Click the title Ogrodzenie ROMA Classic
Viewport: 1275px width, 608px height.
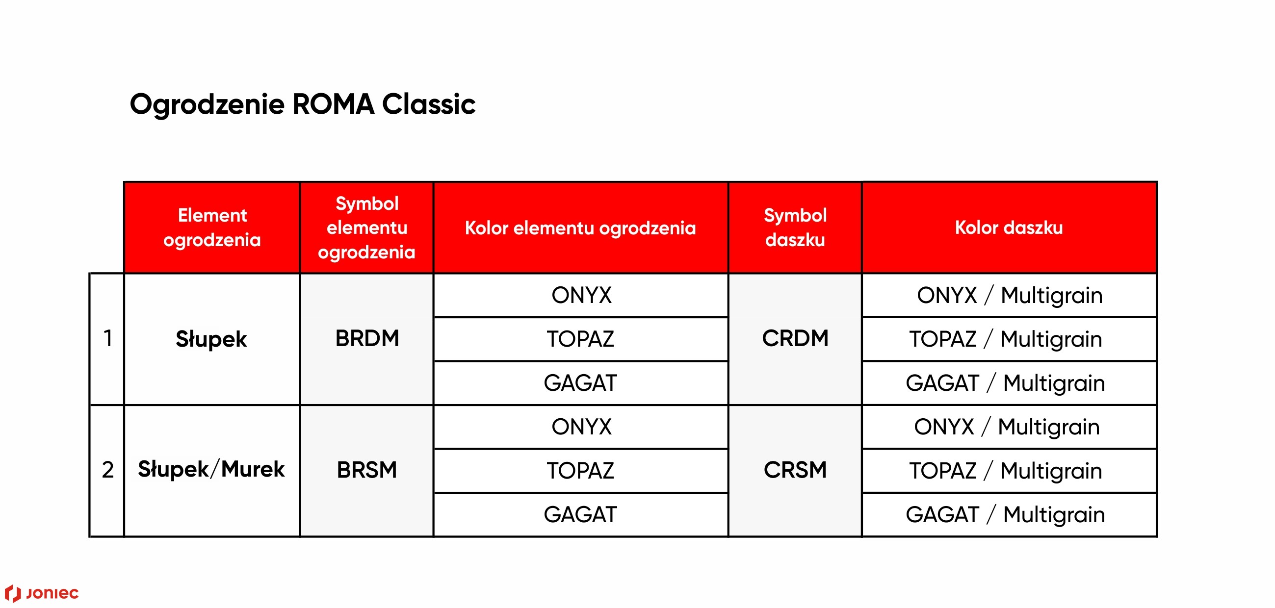point(302,105)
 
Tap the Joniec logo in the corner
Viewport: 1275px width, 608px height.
point(42,593)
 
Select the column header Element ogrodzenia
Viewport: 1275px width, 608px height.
point(212,228)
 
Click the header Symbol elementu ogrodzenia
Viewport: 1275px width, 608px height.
point(367,228)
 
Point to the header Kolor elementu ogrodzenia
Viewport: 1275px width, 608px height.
point(580,228)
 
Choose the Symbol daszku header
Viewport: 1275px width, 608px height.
point(795,228)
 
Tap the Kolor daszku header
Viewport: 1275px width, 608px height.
point(1009,228)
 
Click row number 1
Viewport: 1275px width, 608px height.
point(108,339)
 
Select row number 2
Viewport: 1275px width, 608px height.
point(108,470)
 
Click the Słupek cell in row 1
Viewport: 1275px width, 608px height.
point(211,339)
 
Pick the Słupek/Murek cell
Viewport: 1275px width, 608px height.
point(211,470)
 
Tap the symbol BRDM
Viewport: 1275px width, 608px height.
point(367,339)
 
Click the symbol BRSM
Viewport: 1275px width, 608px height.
point(367,470)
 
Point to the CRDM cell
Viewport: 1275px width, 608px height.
point(795,339)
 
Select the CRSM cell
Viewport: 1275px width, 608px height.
point(795,470)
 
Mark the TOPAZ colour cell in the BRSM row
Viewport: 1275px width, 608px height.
point(580,471)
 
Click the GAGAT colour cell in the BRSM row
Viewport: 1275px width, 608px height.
point(580,515)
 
